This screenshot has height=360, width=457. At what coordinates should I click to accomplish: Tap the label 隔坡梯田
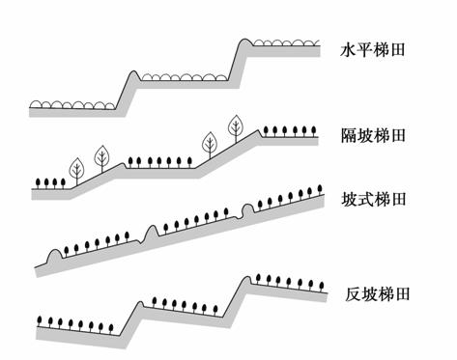click(373, 133)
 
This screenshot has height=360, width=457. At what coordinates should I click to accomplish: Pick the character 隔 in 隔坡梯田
click(349, 133)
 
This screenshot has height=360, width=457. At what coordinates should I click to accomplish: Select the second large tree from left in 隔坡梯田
click(100, 155)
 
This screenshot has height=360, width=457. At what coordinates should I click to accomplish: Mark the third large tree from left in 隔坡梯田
click(209, 144)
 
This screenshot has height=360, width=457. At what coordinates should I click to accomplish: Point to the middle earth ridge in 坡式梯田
click(153, 231)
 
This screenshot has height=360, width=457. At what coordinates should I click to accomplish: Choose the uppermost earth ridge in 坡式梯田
click(250, 209)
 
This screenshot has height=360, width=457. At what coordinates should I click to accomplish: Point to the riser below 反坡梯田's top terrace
click(235, 294)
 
